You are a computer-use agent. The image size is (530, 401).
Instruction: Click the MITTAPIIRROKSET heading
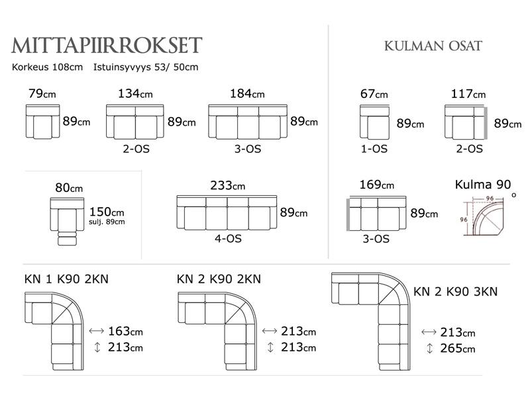(107, 46)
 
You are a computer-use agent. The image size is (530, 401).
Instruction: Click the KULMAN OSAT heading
(433, 46)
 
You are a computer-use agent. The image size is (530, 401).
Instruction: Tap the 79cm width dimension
(42, 93)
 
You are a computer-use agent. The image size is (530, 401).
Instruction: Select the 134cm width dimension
(135, 93)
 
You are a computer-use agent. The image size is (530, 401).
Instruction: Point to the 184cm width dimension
(247, 93)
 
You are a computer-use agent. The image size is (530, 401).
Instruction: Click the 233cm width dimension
(227, 185)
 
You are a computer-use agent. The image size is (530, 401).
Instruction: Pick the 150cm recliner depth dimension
(107, 212)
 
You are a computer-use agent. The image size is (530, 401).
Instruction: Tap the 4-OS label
(228, 239)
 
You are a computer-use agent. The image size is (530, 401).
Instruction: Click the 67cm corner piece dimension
(374, 93)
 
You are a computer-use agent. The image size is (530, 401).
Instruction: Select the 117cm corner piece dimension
(468, 93)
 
